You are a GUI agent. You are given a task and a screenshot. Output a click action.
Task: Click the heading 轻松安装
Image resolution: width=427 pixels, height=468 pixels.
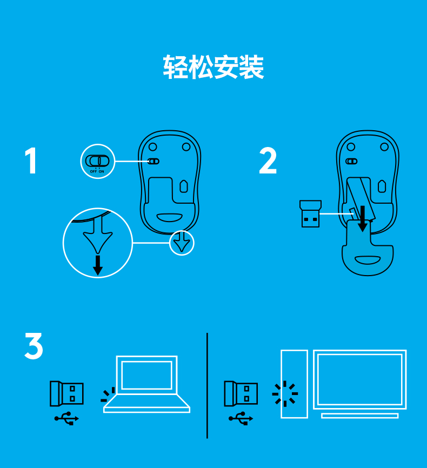(213, 67)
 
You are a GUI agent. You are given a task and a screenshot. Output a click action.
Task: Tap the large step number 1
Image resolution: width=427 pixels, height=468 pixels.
(31, 161)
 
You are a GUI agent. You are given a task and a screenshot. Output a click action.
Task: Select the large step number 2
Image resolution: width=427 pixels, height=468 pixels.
(268, 161)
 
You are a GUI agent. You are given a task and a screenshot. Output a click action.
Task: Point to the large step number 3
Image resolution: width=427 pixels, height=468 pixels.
(34, 346)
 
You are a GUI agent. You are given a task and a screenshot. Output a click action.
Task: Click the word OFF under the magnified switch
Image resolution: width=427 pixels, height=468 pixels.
(93, 172)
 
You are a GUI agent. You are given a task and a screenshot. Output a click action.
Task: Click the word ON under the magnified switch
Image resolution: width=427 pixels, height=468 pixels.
(102, 172)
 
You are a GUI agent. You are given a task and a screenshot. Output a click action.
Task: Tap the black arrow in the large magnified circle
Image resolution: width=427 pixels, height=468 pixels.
(98, 265)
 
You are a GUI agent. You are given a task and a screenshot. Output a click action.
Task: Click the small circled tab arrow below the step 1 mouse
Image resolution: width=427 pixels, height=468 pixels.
(182, 243)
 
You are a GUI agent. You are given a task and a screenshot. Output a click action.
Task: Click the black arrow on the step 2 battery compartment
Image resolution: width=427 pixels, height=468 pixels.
(363, 218)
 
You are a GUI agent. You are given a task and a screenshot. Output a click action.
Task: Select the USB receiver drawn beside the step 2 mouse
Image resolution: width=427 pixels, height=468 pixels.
(311, 213)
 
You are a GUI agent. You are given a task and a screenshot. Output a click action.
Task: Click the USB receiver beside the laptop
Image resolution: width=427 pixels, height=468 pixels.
(66, 393)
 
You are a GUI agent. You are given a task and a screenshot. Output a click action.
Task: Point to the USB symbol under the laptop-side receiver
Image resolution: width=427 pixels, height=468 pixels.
(66, 418)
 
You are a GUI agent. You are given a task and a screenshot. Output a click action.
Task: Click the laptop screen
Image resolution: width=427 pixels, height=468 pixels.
(146, 375)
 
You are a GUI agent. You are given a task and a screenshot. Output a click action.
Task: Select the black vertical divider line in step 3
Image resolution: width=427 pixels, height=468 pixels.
(207, 386)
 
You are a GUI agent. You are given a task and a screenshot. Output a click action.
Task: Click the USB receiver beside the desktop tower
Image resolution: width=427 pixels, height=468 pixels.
(241, 393)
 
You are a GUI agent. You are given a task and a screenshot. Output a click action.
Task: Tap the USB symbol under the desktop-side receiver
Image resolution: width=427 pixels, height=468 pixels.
(241, 418)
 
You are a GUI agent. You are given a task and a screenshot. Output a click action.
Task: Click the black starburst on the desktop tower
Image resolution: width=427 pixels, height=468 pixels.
(285, 393)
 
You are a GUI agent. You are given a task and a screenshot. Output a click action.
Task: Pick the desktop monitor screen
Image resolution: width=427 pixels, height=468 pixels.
(360, 379)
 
